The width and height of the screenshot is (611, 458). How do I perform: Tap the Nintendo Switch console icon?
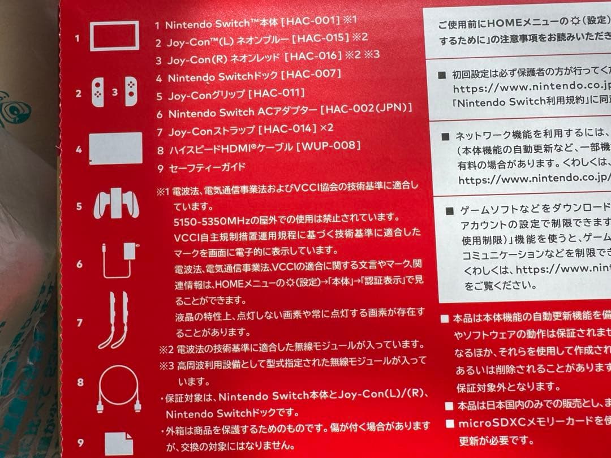click(114, 36)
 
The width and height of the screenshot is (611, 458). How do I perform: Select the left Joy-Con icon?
click(98, 92)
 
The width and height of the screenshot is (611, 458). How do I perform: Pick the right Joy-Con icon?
click(131, 92)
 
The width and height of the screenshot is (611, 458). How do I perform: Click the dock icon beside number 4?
click(115, 149)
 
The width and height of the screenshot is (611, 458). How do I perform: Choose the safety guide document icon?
click(119, 443)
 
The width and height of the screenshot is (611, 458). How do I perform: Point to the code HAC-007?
click(311, 75)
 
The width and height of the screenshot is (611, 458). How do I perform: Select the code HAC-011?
click(276, 93)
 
